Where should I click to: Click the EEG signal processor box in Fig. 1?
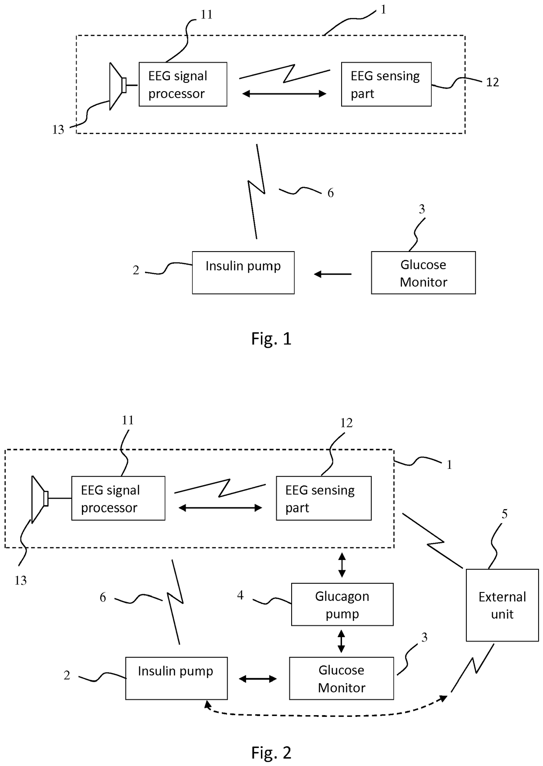tap(183, 84)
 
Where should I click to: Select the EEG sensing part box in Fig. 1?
tap(386, 84)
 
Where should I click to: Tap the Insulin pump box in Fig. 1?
tap(243, 273)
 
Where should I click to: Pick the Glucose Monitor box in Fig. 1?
tap(423, 273)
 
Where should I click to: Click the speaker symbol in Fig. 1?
tap(118, 86)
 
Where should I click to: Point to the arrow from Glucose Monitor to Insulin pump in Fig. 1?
tap(333, 274)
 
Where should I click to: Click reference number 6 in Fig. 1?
tap(331, 193)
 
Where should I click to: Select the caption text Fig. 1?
tap(271, 339)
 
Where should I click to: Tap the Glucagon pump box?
tap(342, 604)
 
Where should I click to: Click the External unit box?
tap(502, 605)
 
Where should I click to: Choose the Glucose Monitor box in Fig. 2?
tap(342, 678)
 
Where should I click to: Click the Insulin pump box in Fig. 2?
tap(176, 678)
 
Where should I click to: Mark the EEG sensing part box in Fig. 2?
tap(324, 498)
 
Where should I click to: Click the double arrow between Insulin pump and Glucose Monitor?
tap(258, 679)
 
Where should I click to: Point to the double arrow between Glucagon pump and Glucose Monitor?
tap(342, 641)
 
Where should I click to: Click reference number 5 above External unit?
tap(504, 514)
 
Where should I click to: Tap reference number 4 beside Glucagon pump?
tap(240, 595)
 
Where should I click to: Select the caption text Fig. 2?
tap(271, 753)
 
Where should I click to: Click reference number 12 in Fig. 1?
tap(493, 82)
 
